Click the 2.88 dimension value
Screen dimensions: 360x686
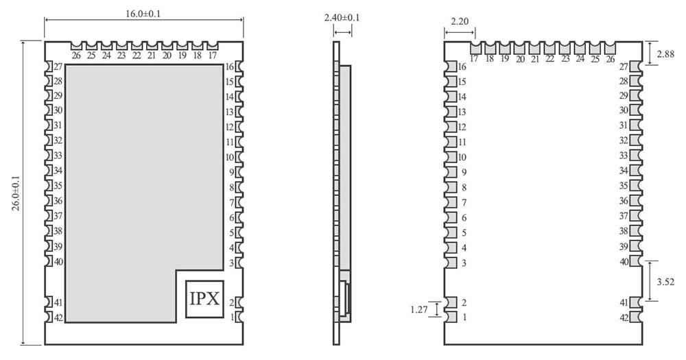pyautogui.click(x=667, y=53)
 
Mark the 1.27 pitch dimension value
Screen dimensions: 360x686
pyautogui.click(x=419, y=309)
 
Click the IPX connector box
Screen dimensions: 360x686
pyautogui.click(x=204, y=299)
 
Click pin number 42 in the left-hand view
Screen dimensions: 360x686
pyautogui.click(x=58, y=317)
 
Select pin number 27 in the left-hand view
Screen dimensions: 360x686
pyautogui.click(x=58, y=67)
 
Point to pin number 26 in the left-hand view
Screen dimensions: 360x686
pyautogui.click(x=75, y=55)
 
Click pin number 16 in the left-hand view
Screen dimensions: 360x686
pyautogui.click(x=230, y=67)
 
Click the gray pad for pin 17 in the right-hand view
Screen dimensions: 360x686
pyautogui.click(x=475, y=48)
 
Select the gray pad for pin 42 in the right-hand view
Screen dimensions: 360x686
pyautogui.click(x=635, y=317)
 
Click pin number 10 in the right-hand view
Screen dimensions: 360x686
pyautogui.click(x=462, y=157)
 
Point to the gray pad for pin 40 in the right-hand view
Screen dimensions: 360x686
pyautogui.click(x=635, y=262)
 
